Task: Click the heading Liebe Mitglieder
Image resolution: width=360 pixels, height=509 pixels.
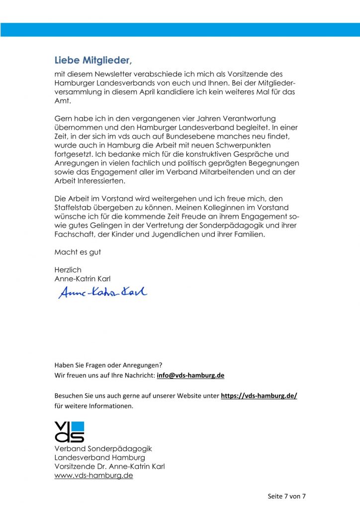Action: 93,61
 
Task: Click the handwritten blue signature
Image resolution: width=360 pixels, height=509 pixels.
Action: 103,293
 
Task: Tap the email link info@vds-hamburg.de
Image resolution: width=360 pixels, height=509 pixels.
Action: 190,376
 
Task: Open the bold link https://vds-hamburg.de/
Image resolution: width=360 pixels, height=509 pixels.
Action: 259,396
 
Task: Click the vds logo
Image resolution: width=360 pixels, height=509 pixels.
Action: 69,431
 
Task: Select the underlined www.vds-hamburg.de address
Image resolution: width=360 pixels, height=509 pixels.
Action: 93,476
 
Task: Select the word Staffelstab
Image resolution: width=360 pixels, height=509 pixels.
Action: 75,207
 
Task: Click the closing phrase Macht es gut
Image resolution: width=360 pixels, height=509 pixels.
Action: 78,252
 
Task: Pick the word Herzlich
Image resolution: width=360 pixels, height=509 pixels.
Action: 68,270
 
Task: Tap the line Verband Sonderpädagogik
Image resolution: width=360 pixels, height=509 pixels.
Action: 103,449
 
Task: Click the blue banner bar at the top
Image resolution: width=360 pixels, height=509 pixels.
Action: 180,29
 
